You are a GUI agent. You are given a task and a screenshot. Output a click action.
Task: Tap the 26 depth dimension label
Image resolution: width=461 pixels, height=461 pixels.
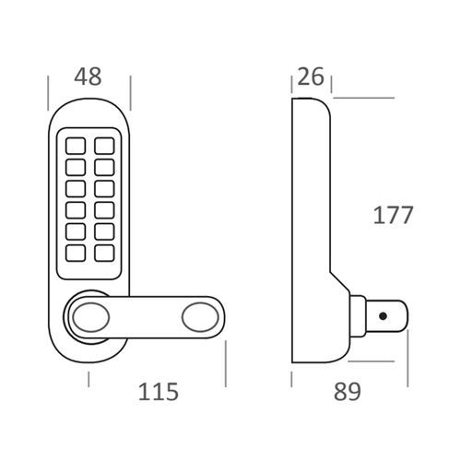(311, 77)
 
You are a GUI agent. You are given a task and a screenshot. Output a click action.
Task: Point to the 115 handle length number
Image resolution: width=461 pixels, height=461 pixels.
(158, 391)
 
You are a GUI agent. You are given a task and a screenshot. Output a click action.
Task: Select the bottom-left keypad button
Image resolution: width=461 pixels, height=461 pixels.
(75, 252)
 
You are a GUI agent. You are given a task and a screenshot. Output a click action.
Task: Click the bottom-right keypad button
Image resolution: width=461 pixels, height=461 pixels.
(104, 252)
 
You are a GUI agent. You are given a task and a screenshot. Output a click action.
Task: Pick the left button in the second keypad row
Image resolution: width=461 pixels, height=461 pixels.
(75, 167)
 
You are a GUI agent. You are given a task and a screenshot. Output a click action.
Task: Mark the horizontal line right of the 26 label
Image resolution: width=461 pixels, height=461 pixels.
(363, 96)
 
